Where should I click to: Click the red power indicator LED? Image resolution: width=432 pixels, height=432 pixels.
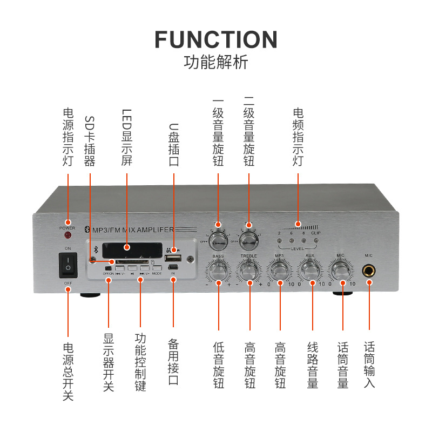click(x=68, y=235)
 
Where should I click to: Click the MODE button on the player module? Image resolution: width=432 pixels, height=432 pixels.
click(x=157, y=268)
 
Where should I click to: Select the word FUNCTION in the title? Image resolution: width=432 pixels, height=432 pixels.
click(x=216, y=40)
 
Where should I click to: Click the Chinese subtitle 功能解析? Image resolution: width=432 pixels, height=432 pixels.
click(x=216, y=63)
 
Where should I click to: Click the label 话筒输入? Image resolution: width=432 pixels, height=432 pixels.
click(x=369, y=364)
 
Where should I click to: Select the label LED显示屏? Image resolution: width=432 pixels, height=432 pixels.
click(x=126, y=138)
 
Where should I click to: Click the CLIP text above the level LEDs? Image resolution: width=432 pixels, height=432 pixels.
click(x=316, y=233)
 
